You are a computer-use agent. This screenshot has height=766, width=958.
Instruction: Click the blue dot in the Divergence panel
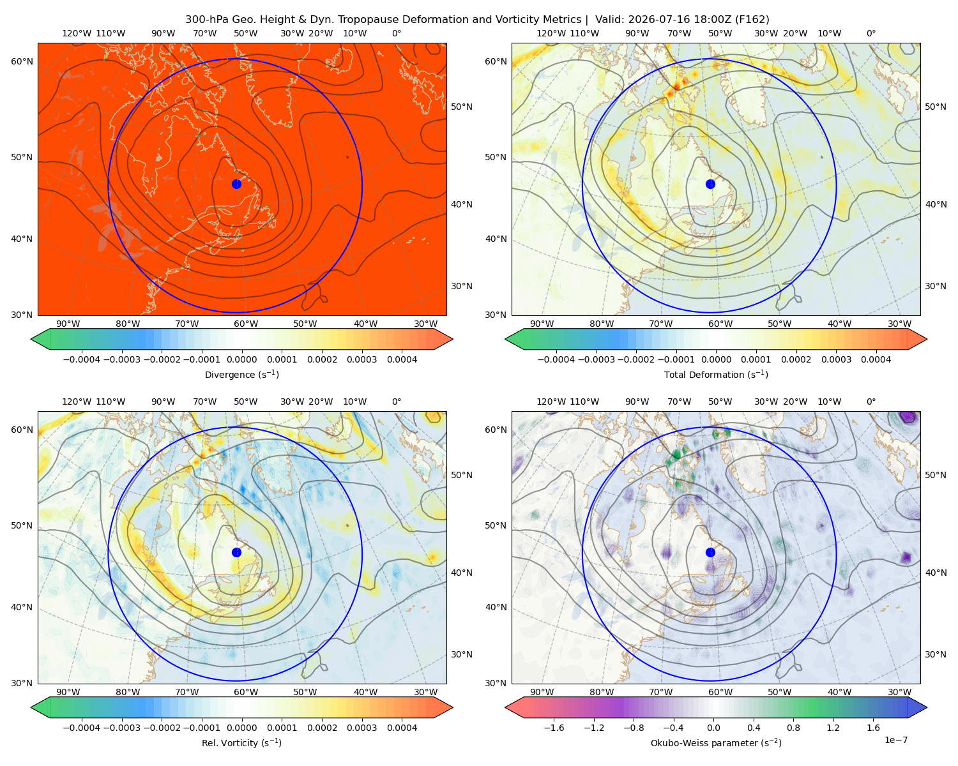236,184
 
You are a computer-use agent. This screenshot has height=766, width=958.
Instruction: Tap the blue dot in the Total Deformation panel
710,184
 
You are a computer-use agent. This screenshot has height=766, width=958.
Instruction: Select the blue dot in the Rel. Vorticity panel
236,552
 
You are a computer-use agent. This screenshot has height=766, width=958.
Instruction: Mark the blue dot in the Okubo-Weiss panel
710,552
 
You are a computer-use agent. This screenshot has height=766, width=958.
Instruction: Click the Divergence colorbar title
241,374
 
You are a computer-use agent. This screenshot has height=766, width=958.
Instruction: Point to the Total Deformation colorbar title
716,374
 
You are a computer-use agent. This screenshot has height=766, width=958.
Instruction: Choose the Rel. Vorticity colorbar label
241,742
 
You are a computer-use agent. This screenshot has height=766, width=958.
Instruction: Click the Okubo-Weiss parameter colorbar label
716,742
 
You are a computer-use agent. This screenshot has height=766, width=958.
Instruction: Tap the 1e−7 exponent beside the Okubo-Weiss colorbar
895,740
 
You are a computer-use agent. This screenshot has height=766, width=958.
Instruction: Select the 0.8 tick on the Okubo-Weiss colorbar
793,728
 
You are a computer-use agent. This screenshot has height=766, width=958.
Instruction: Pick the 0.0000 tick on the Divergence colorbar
241,359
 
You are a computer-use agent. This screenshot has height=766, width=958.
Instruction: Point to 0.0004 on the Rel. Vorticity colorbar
402,728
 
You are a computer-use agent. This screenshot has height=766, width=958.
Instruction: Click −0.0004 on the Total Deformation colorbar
556,359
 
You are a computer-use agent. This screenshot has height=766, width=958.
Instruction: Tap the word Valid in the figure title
607,20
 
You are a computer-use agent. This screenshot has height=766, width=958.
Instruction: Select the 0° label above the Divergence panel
397,33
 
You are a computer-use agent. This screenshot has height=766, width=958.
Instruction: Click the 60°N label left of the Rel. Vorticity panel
22,430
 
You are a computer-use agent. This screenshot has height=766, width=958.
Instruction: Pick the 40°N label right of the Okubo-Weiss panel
936,573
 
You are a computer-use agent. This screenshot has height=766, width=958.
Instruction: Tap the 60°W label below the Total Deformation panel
720,324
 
